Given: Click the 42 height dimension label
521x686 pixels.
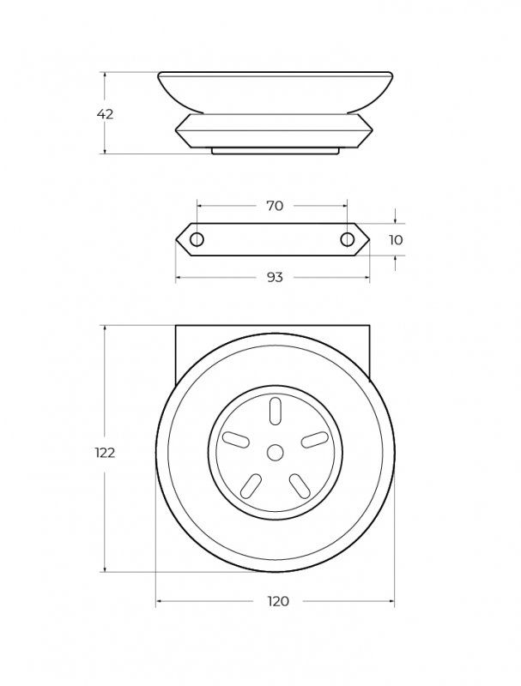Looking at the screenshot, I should pos(105,113).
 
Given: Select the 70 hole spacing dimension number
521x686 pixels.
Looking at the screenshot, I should pos(275,206).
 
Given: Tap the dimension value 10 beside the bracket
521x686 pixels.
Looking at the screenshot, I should pos(395,240).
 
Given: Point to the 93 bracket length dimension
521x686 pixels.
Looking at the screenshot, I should pos(275,277).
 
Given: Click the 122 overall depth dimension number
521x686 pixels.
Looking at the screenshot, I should pos(105,453).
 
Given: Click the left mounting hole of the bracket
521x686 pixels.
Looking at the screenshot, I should pos(197,239).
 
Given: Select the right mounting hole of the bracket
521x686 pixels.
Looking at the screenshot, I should pos(348,239).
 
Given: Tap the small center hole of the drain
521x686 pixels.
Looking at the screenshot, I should pos(275,451).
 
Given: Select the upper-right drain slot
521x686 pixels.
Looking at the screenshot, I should pos(316,438).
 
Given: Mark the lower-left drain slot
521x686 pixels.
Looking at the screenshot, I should pos(251,486).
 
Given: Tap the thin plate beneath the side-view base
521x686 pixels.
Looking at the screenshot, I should pos(275,151).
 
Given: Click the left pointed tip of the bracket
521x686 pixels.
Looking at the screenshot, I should pos(178,239).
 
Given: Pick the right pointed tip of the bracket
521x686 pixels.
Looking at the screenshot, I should pos(369,239).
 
